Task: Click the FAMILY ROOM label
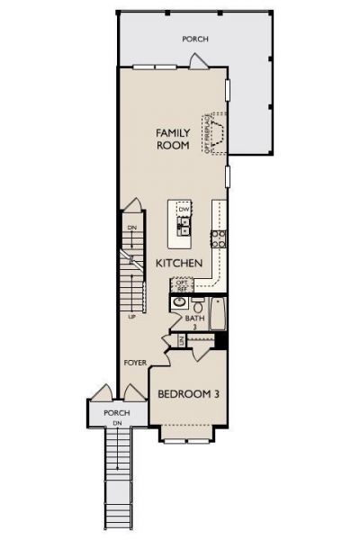pyautogui.click(x=173, y=139)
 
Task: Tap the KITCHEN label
pyautogui.click(x=179, y=263)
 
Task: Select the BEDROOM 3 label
pyautogui.click(x=189, y=394)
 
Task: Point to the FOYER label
pyautogui.click(x=135, y=362)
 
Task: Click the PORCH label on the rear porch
pyautogui.click(x=195, y=39)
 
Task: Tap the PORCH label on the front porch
pyautogui.click(x=117, y=413)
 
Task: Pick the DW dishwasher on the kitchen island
pyautogui.click(x=184, y=209)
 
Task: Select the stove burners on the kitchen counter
pyautogui.click(x=218, y=238)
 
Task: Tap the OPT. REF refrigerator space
pyautogui.click(x=182, y=284)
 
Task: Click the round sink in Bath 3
pyautogui.click(x=180, y=303)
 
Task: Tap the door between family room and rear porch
pyautogui.click(x=198, y=61)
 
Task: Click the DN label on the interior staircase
pyautogui.click(x=131, y=229)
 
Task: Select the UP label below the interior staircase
pyautogui.click(x=132, y=317)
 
